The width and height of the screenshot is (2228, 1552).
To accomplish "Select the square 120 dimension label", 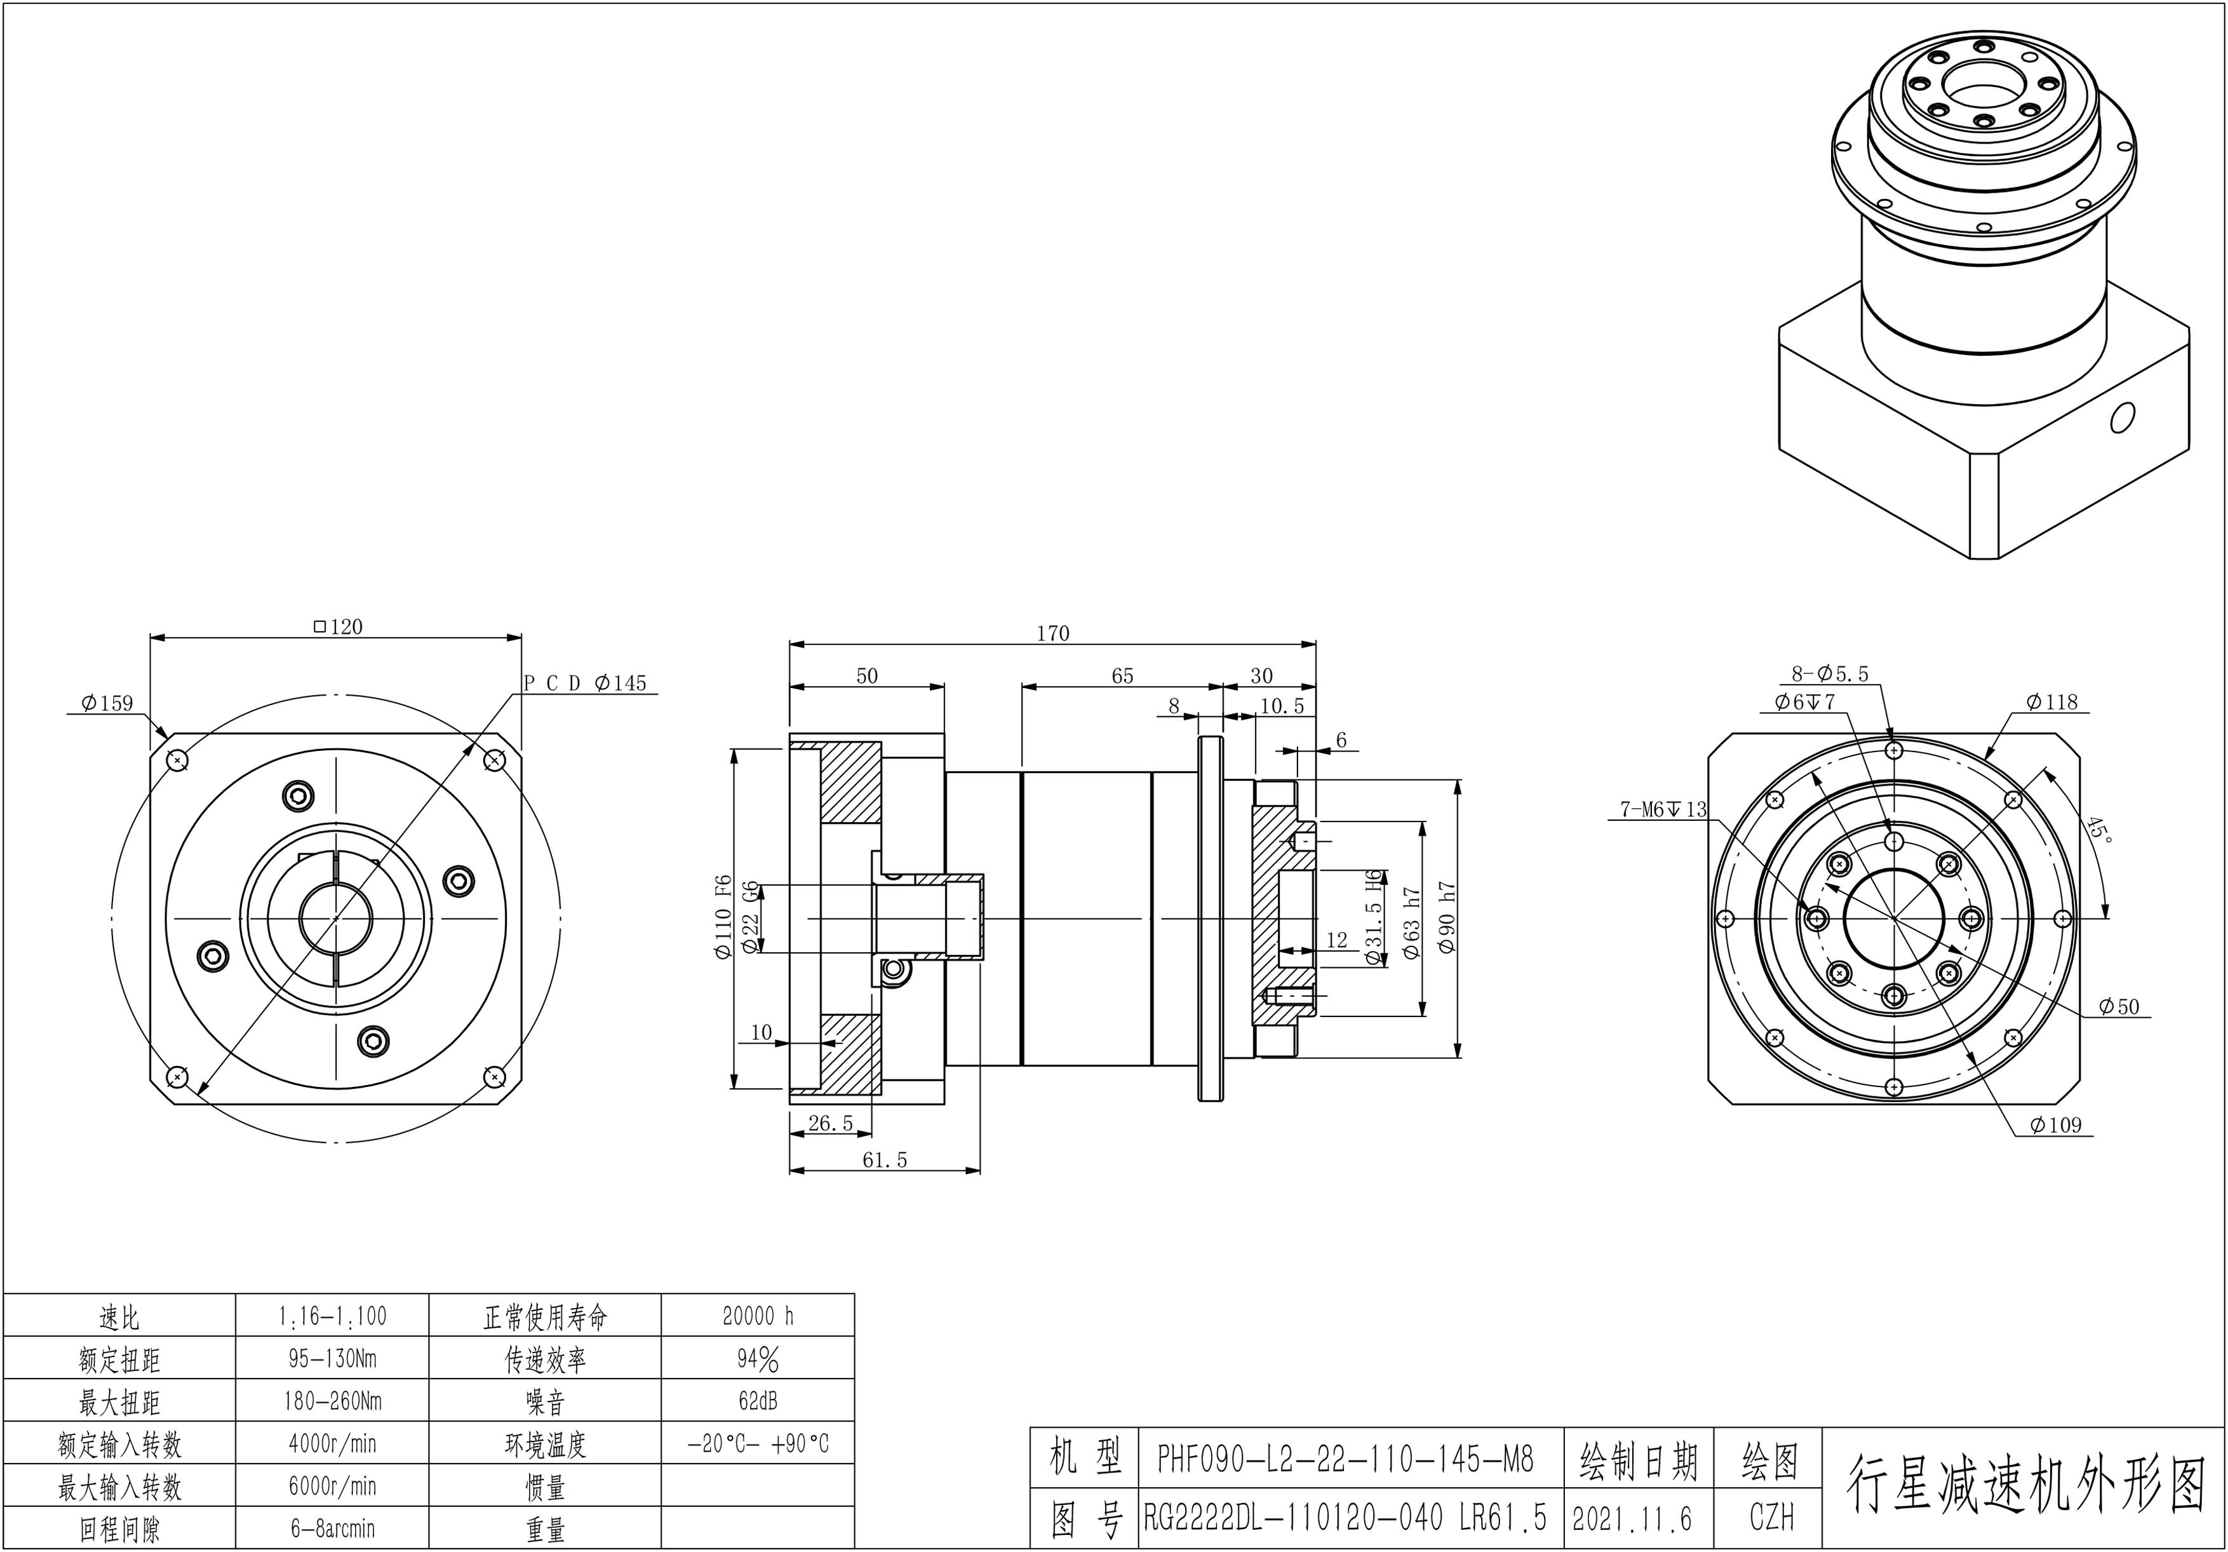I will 339,627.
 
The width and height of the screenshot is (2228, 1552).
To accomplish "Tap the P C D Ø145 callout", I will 585,684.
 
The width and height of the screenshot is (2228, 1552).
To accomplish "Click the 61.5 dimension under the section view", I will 884,1160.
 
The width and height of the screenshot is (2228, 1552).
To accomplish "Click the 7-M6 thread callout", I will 1662,809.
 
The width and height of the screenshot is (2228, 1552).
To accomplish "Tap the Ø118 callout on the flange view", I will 2051,702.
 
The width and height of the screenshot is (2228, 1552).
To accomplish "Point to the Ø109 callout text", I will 2055,1125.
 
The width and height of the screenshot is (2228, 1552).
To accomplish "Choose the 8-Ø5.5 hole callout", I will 1829,673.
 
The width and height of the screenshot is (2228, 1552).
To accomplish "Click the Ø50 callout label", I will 2118,1006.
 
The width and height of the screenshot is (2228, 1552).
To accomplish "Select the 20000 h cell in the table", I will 758,1316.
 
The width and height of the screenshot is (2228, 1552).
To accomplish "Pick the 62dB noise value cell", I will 758,1401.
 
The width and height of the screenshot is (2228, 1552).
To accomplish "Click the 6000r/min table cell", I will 332,1486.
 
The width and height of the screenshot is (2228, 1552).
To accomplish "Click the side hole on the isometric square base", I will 2121,417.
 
